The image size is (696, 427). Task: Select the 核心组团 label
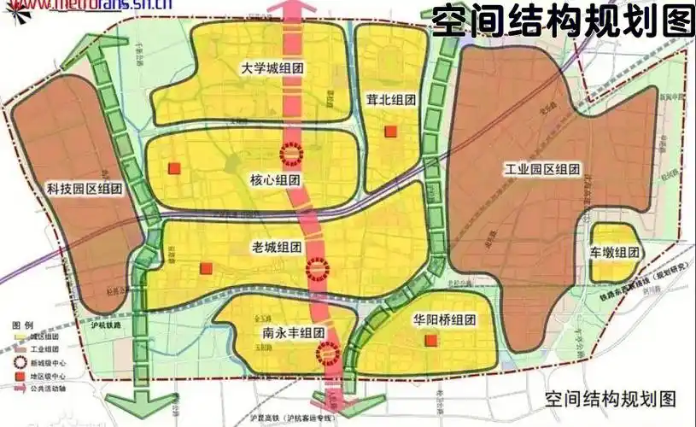[275, 180]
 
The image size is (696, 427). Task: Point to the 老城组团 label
[277, 247]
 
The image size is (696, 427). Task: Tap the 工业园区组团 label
[542, 170]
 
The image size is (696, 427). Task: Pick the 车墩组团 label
[614, 253]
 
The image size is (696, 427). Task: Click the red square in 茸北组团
[391, 131]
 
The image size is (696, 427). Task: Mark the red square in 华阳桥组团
[431, 342]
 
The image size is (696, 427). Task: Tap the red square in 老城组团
[206, 269]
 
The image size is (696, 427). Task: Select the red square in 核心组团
[175, 169]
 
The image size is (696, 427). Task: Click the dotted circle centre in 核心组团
[292, 154]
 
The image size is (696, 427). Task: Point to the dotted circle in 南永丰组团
[328, 352]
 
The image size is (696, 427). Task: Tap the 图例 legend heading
[22, 327]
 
